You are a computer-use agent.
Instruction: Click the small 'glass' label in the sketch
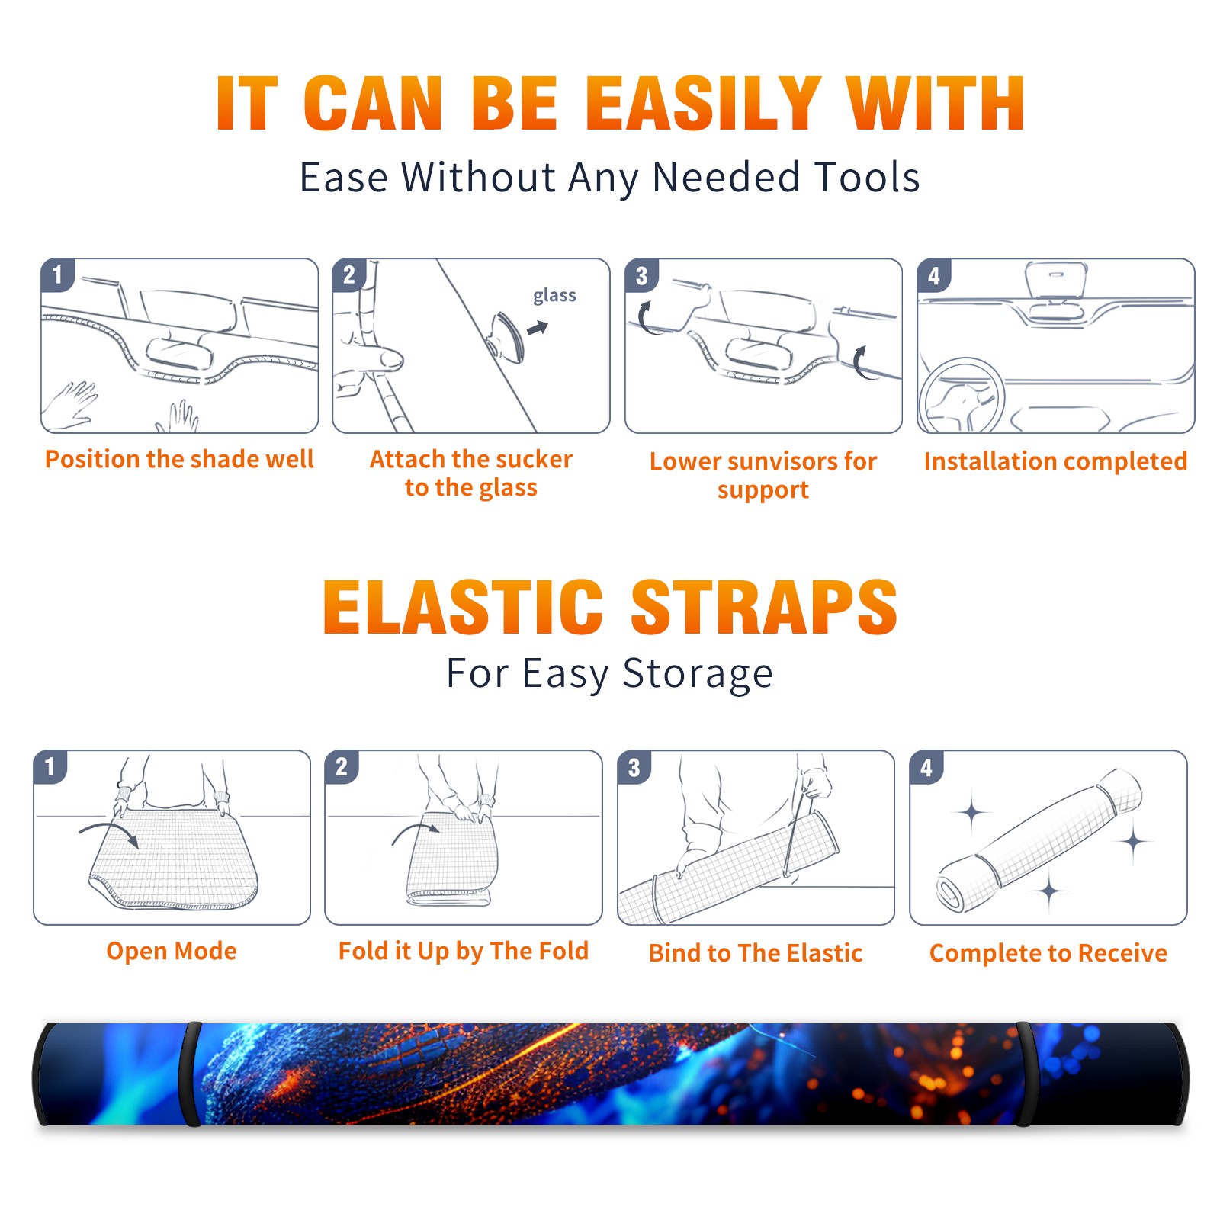(x=554, y=296)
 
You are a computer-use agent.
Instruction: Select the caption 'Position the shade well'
(x=179, y=459)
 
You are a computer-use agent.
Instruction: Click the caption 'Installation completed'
(x=1055, y=461)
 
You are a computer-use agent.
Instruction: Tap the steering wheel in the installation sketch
(x=962, y=396)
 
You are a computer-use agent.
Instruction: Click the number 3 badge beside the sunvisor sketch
(x=641, y=275)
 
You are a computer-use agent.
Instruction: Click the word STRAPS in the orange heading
(x=764, y=607)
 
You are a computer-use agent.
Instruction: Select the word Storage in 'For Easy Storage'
(x=698, y=674)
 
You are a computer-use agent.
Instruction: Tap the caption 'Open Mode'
(x=172, y=951)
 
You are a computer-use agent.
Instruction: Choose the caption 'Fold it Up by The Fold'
(x=464, y=951)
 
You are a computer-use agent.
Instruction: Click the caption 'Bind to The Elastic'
(x=756, y=953)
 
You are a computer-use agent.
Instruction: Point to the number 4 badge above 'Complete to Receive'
(x=926, y=767)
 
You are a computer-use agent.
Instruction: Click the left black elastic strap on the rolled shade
(x=190, y=1074)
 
